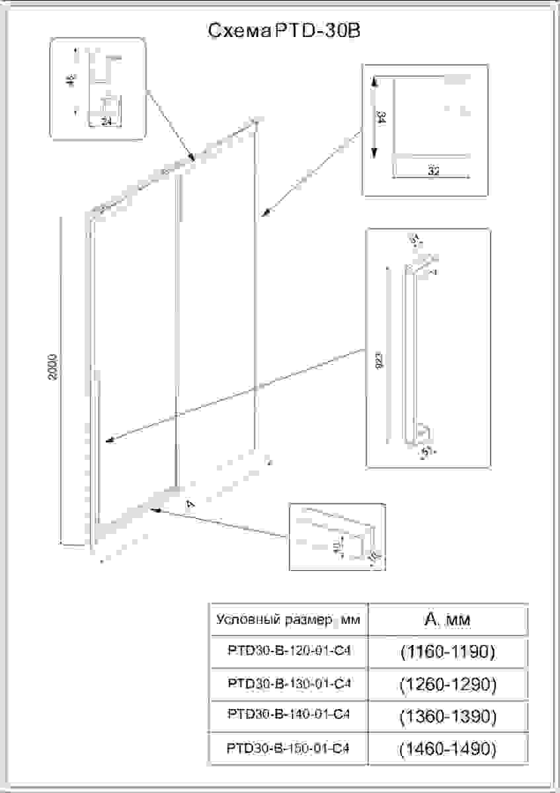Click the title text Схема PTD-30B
pos(284,31)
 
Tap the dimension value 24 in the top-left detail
pos(106,121)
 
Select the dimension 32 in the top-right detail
pos(433,170)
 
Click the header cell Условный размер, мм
pos(288,621)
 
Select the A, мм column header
pos(448,620)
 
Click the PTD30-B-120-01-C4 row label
pos(288,652)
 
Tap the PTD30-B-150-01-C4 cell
pos(288,748)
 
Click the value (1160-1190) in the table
pos(448,652)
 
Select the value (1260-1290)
pos(448,684)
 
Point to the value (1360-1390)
pos(448,716)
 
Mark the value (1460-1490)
pos(448,749)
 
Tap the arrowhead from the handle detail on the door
pos(109,441)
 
